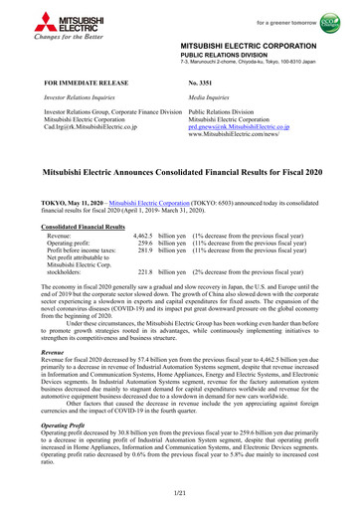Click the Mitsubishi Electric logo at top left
pyautogui.click(x=37, y=21)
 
